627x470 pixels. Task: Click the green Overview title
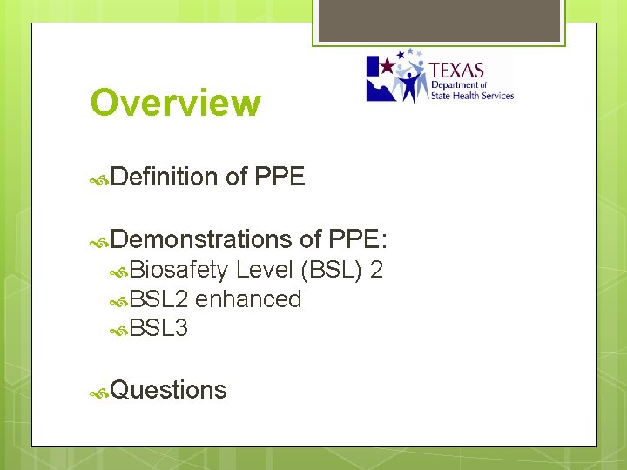175,102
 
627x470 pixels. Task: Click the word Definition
165,178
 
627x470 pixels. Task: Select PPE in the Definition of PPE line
280,178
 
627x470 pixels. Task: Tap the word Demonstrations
201,238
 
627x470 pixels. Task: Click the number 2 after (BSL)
376,271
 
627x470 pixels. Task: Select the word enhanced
248,299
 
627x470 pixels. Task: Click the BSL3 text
158,328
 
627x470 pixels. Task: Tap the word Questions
169,390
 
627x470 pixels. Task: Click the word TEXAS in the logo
457,70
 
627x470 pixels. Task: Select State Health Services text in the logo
473,96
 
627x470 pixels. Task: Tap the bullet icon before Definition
100,179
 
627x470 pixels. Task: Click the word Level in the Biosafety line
265,271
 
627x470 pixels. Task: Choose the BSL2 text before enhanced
159,299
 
